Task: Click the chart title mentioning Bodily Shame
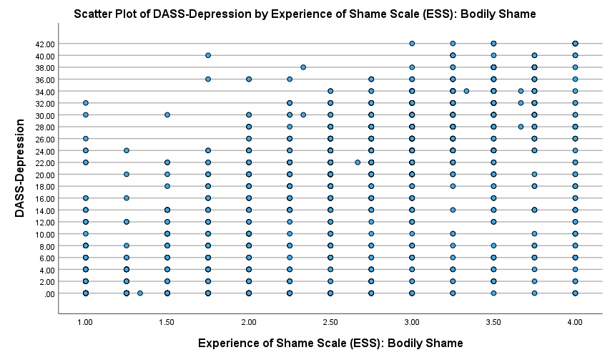point(305,14)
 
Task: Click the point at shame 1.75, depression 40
point(208,55)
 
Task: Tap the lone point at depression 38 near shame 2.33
point(303,67)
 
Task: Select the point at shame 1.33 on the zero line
point(140,293)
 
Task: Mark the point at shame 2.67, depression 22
point(358,162)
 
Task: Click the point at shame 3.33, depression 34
point(466,91)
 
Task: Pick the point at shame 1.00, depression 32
point(85,103)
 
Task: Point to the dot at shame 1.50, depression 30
point(167,115)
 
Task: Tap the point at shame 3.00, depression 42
point(412,44)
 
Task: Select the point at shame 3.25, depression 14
point(453,210)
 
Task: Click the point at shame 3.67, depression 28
point(521,127)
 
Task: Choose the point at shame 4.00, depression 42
point(575,44)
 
